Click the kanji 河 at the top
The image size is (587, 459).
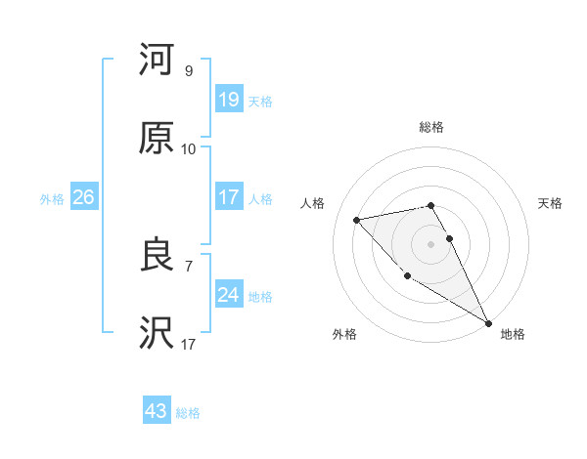[x=157, y=60]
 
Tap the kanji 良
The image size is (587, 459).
[x=157, y=255]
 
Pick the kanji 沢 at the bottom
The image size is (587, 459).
[x=157, y=333]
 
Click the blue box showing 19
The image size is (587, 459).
[x=228, y=99]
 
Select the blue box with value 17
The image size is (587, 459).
[x=228, y=197]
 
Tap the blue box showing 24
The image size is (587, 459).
[x=228, y=295]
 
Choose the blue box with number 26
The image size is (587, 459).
[x=83, y=197]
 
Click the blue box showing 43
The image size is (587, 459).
[x=157, y=411]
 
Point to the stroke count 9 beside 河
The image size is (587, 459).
[x=188, y=71]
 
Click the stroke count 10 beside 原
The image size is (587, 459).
[x=188, y=149]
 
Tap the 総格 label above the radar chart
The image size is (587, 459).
[x=431, y=127]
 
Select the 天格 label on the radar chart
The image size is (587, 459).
[x=550, y=203]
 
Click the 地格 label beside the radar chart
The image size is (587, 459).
[x=513, y=334]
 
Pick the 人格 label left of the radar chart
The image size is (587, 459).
[x=313, y=203]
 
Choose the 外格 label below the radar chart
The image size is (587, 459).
[x=344, y=334]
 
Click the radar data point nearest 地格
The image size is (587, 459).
[x=488, y=323]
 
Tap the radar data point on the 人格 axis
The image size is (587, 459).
[x=357, y=220]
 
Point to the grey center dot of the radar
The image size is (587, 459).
[x=431, y=243]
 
